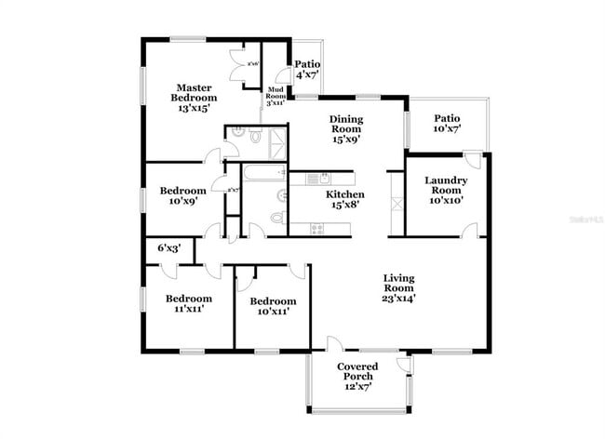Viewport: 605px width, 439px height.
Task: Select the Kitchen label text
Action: tap(343, 199)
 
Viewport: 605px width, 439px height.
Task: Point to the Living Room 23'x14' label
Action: tap(399, 287)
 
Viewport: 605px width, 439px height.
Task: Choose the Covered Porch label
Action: tap(356, 376)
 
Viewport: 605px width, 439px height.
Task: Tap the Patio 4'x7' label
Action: tap(307, 69)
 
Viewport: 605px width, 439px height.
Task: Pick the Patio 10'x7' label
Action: tap(448, 124)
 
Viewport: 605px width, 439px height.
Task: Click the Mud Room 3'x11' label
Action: tap(276, 95)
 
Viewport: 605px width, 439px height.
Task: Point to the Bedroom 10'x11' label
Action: tap(273, 306)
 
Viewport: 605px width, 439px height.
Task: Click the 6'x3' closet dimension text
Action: tap(168, 248)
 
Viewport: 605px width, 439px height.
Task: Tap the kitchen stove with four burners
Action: tap(317, 228)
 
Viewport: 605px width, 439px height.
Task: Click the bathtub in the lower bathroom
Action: tap(264, 173)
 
